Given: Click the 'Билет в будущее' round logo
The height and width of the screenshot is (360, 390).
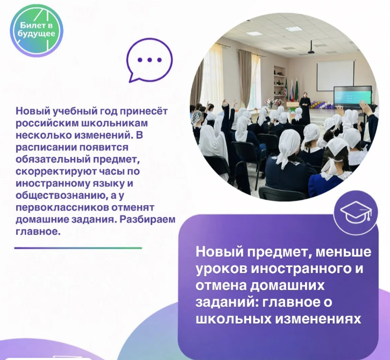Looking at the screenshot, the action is tap(37, 31).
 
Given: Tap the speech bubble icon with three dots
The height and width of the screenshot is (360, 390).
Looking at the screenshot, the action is tap(149, 60).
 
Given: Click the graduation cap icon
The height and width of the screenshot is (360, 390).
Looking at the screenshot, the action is tap(356, 213).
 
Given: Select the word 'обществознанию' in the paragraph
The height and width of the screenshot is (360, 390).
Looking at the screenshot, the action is tap(61, 196).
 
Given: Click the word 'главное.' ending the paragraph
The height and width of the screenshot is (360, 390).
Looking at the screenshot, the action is tap(38, 232).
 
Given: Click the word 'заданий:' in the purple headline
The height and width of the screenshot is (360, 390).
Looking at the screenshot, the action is tap(226, 303).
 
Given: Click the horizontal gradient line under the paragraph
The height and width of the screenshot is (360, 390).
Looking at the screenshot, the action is tap(78, 248).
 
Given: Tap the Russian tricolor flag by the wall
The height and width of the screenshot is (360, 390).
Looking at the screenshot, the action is tap(293, 92).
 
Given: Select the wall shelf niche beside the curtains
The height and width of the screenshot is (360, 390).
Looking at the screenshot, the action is tap(279, 82).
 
